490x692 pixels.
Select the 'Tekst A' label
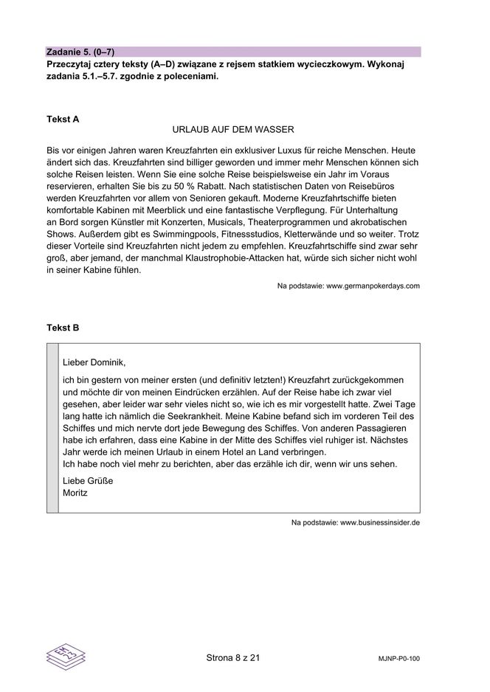pyautogui.click(x=63, y=119)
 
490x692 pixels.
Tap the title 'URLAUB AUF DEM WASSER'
pyautogui.click(x=233, y=130)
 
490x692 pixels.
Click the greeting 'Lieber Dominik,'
pyautogui.click(x=94, y=361)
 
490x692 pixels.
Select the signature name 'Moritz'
pyautogui.click(x=75, y=492)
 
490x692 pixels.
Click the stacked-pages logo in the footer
pyautogui.click(x=66, y=655)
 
